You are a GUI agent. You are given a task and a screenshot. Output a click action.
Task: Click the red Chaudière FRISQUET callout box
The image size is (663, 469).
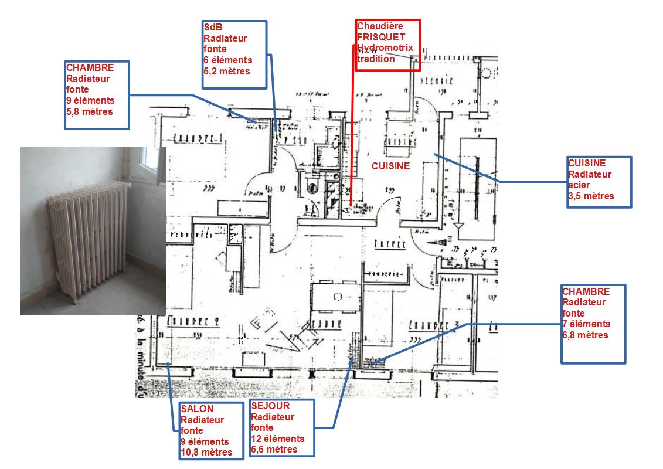point(387,45)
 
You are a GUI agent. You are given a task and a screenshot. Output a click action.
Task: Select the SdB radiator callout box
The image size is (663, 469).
point(234,54)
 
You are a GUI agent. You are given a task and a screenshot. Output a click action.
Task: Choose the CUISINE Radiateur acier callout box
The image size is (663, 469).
point(599,181)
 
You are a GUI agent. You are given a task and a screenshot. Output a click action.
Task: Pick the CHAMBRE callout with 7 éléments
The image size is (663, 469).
point(593,324)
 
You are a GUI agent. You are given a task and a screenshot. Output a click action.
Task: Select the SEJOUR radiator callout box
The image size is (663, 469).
point(281,428)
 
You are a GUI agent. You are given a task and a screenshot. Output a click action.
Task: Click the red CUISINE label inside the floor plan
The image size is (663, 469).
point(390,166)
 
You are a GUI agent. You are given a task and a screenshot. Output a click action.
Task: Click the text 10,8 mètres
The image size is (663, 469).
point(206,452)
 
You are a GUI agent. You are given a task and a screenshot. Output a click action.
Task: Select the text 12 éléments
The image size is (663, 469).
point(277,439)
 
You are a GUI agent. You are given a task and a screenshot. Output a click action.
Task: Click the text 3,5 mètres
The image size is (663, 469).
point(591,196)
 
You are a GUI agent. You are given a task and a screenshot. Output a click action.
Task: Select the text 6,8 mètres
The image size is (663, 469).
point(585,335)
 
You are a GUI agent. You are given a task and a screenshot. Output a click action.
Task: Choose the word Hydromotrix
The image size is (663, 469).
point(385,47)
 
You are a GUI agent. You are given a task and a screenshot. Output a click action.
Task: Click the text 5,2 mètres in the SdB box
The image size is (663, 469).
point(226,71)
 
